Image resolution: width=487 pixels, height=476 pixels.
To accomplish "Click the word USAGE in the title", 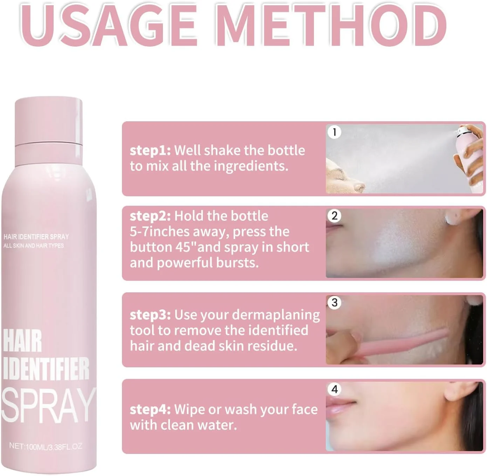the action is click(109, 25).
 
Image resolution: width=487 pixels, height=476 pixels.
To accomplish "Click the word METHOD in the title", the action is click(331, 25).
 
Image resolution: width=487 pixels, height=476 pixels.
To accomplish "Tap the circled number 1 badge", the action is click(334, 132).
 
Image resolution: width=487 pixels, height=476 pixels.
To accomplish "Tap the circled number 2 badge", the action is click(334, 216).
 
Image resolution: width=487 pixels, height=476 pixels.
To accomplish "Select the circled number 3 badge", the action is click(334, 302).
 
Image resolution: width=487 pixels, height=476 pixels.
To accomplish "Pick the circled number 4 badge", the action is click(334, 389).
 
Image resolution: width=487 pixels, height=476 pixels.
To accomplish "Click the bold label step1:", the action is click(150, 151).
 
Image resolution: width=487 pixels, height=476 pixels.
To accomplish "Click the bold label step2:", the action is click(150, 216).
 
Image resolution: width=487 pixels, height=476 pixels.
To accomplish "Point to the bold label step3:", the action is click(150, 315).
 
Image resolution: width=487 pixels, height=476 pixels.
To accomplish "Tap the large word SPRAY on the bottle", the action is click(49, 405).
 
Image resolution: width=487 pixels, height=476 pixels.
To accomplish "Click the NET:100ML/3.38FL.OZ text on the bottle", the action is click(46, 446).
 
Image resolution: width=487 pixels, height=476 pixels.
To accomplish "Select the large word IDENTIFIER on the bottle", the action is click(46, 368).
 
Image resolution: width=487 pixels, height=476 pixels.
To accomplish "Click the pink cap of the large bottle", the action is click(49, 121).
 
